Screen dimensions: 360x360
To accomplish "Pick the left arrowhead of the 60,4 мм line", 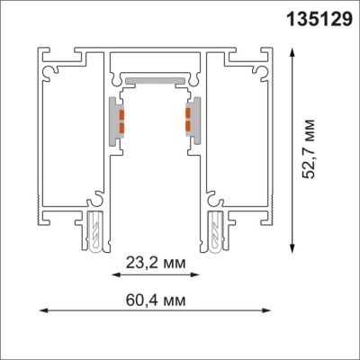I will (40, 312).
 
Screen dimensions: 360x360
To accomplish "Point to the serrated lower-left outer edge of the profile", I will (40, 180).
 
